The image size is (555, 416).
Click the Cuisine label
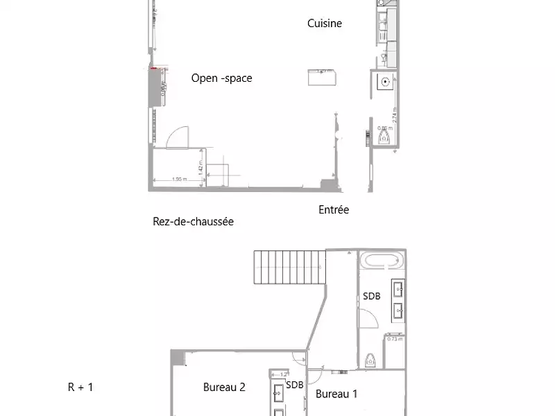pos(325,24)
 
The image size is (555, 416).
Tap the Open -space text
pos(221,78)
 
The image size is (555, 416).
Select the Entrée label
pos(334,209)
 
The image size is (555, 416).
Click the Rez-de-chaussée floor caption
pos(193,222)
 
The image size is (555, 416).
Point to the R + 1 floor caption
pos(80,388)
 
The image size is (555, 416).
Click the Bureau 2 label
pos(224,388)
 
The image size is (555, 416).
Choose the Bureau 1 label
pos(336,395)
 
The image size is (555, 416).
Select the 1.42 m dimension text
pos(200,166)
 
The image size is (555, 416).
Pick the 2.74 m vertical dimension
pos(395,115)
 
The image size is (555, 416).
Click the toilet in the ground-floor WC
pos(383,138)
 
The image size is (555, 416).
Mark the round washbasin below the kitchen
pos(384,82)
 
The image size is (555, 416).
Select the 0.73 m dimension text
pos(395,339)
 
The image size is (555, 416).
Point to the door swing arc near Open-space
pos(178,136)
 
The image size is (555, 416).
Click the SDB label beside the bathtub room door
pos(371,296)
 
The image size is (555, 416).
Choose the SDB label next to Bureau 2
pos(295,385)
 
